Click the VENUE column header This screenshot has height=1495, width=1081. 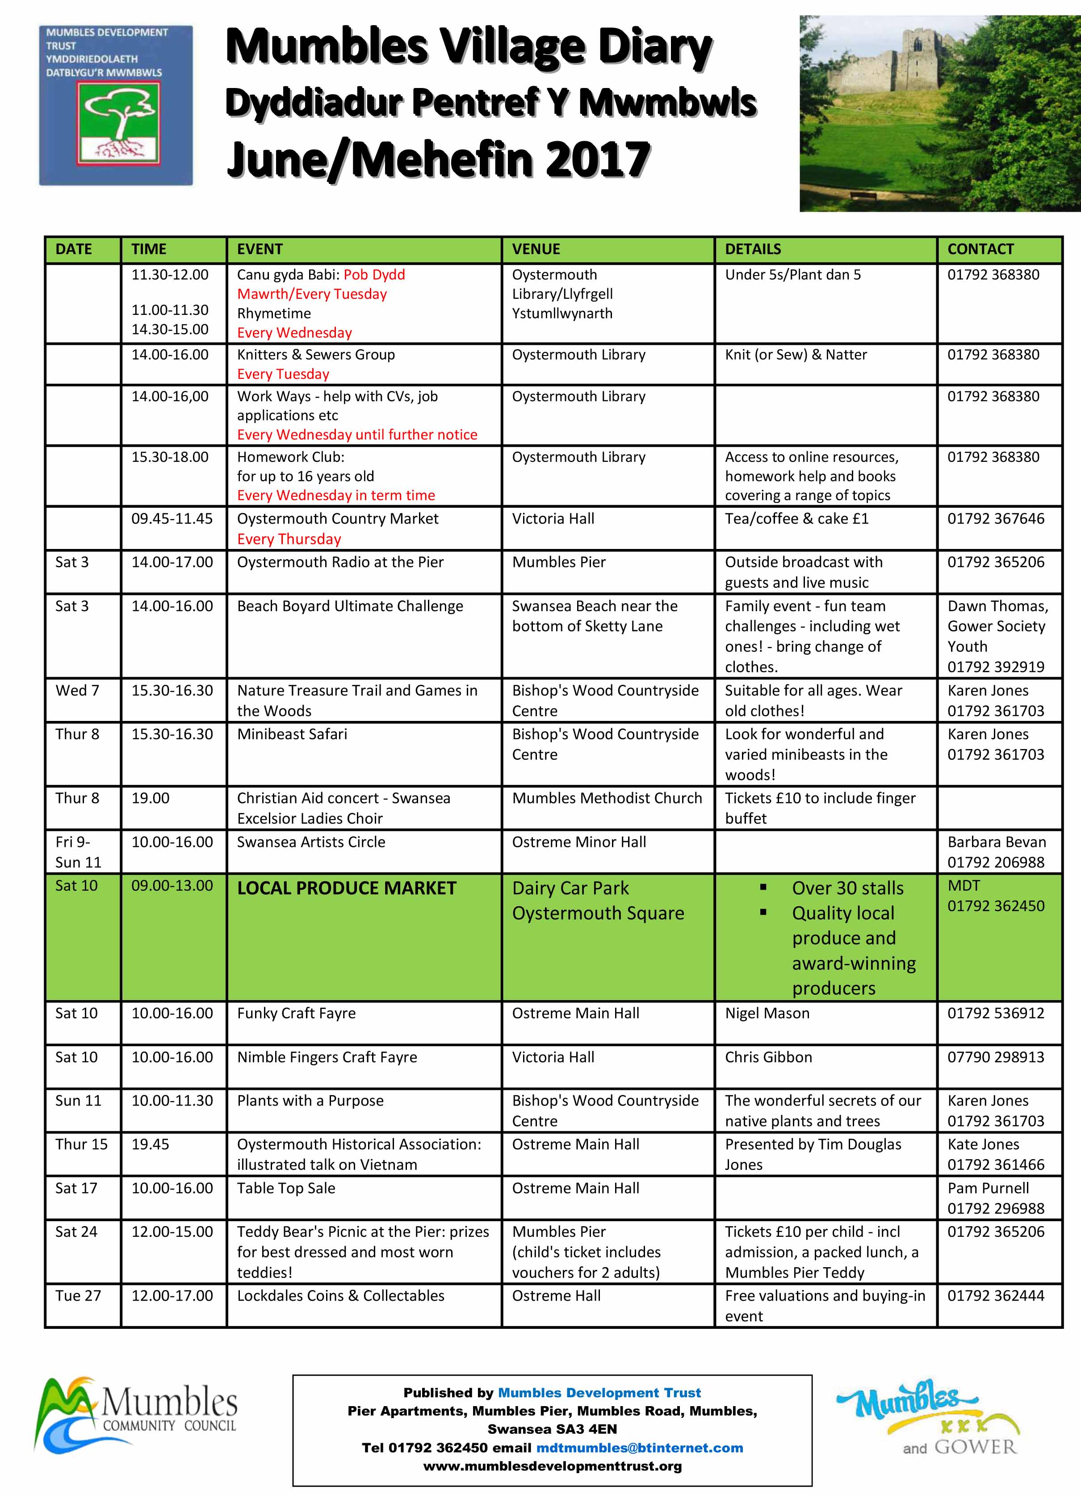536,249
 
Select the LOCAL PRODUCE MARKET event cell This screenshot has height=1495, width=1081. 346,888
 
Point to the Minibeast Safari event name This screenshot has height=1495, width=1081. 292,734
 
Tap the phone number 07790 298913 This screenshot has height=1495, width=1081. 995,1057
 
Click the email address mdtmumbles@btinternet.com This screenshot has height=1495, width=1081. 639,1448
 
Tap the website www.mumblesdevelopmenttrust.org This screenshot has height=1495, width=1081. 553,1466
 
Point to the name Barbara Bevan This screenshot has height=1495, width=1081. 996,842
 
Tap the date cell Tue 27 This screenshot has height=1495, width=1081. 78,1295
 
